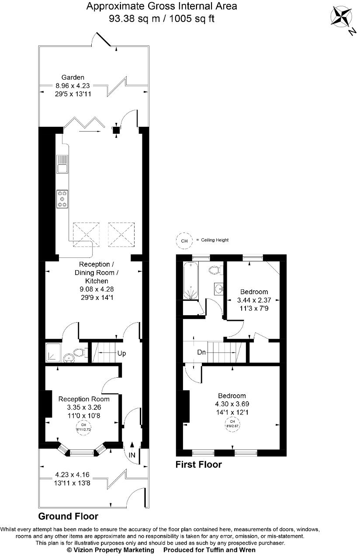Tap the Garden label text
coord(73,78)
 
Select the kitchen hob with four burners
coord(62,198)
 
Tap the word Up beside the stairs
coord(121,353)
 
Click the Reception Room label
coord(84,399)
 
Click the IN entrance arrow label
coord(132,455)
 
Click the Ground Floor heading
coord(68,516)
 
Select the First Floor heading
coord(198,465)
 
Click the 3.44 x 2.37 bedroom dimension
coord(253,301)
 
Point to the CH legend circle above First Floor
coord(184,240)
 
